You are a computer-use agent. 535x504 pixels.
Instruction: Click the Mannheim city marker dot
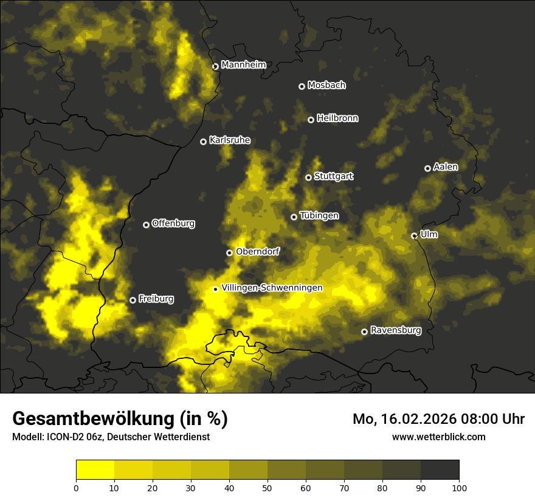click(x=215, y=67)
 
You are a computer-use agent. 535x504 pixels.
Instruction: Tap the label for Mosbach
click(x=326, y=86)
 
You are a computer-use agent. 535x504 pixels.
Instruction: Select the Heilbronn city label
click(x=337, y=118)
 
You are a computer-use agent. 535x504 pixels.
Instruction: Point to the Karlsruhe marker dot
click(x=204, y=142)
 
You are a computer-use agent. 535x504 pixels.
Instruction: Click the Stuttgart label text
click(x=334, y=176)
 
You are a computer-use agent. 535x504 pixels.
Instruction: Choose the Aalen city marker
click(x=427, y=168)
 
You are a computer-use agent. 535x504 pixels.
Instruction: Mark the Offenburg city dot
click(x=146, y=225)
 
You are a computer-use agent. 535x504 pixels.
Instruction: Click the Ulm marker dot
click(x=414, y=236)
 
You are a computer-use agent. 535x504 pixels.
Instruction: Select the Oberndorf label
click(x=257, y=251)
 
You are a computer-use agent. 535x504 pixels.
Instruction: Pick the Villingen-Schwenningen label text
click(x=272, y=288)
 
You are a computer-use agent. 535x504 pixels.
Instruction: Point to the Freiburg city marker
click(x=133, y=300)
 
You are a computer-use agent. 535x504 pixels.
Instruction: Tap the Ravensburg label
click(x=396, y=330)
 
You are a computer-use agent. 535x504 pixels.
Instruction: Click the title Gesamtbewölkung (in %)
click(x=120, y=418)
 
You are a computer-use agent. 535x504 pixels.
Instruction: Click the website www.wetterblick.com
click(x=438, y=437)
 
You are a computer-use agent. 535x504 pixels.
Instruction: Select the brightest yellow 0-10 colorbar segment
click(x=95, y=470)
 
